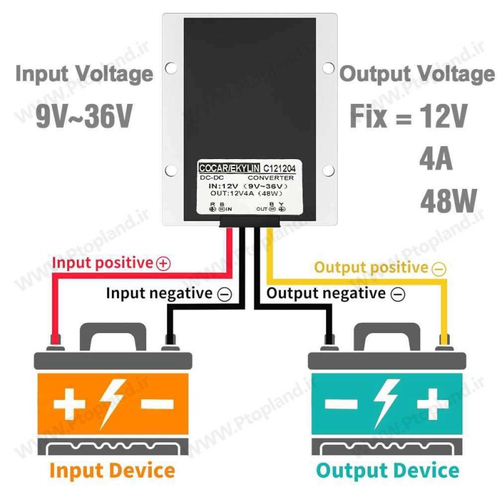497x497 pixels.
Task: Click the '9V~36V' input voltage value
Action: [x=84, y=115]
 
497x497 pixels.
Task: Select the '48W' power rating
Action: [x=448, y=201]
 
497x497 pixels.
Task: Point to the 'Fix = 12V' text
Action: [x=408, y=116]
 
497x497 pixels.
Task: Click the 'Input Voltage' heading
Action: [x=84, y=74]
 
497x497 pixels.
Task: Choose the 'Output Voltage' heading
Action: [x=417, y=74]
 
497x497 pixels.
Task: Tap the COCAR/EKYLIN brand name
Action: [x=228, y=168]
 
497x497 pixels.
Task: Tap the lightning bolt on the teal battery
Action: [x=386, y=403]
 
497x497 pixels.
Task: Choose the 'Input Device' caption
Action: [x=112, y=470]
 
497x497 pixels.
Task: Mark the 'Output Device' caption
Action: [x=388, y=470]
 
